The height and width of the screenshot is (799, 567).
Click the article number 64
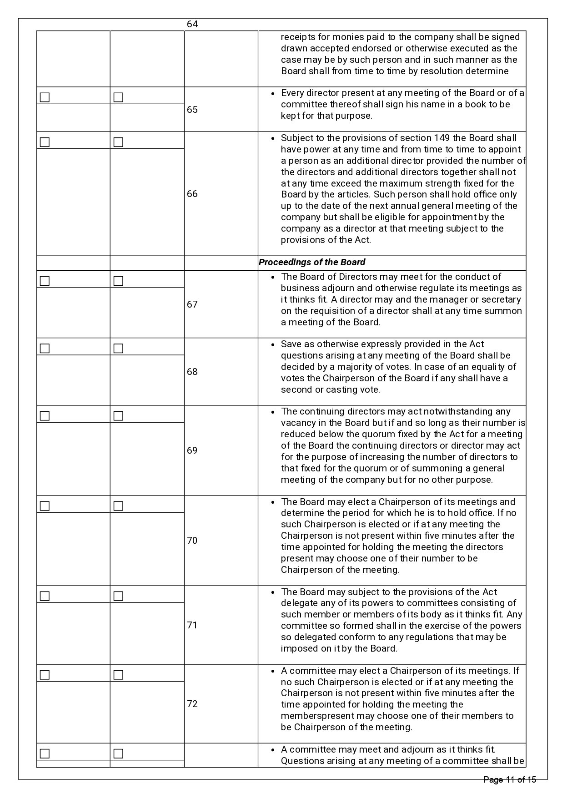[x=192, y=24]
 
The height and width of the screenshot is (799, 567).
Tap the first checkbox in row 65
[x=45, y=97]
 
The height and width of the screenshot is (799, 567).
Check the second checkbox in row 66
[x=118, y=142]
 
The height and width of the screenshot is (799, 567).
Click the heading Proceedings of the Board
[x=312, y=263]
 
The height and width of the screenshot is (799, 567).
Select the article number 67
[x=192, y=304]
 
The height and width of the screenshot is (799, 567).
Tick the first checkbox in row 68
[x=45, y=349]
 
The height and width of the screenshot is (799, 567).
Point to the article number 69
[x=192, y=450]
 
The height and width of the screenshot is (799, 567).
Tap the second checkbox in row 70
[x=118, y=506]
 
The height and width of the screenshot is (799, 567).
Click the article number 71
[x=192, y=625]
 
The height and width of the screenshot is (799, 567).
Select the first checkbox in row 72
[x=45, y=675]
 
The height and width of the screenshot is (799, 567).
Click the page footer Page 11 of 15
[x=510, y=780]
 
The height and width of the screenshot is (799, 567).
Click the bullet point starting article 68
[x=272, y=345]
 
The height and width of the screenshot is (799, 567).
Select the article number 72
[x=192, y=704]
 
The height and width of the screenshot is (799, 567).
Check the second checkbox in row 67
[x=118, y=281]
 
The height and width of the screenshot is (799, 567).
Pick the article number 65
[x=192, y=110]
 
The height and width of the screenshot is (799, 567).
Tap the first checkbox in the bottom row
[x=45, y=754]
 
